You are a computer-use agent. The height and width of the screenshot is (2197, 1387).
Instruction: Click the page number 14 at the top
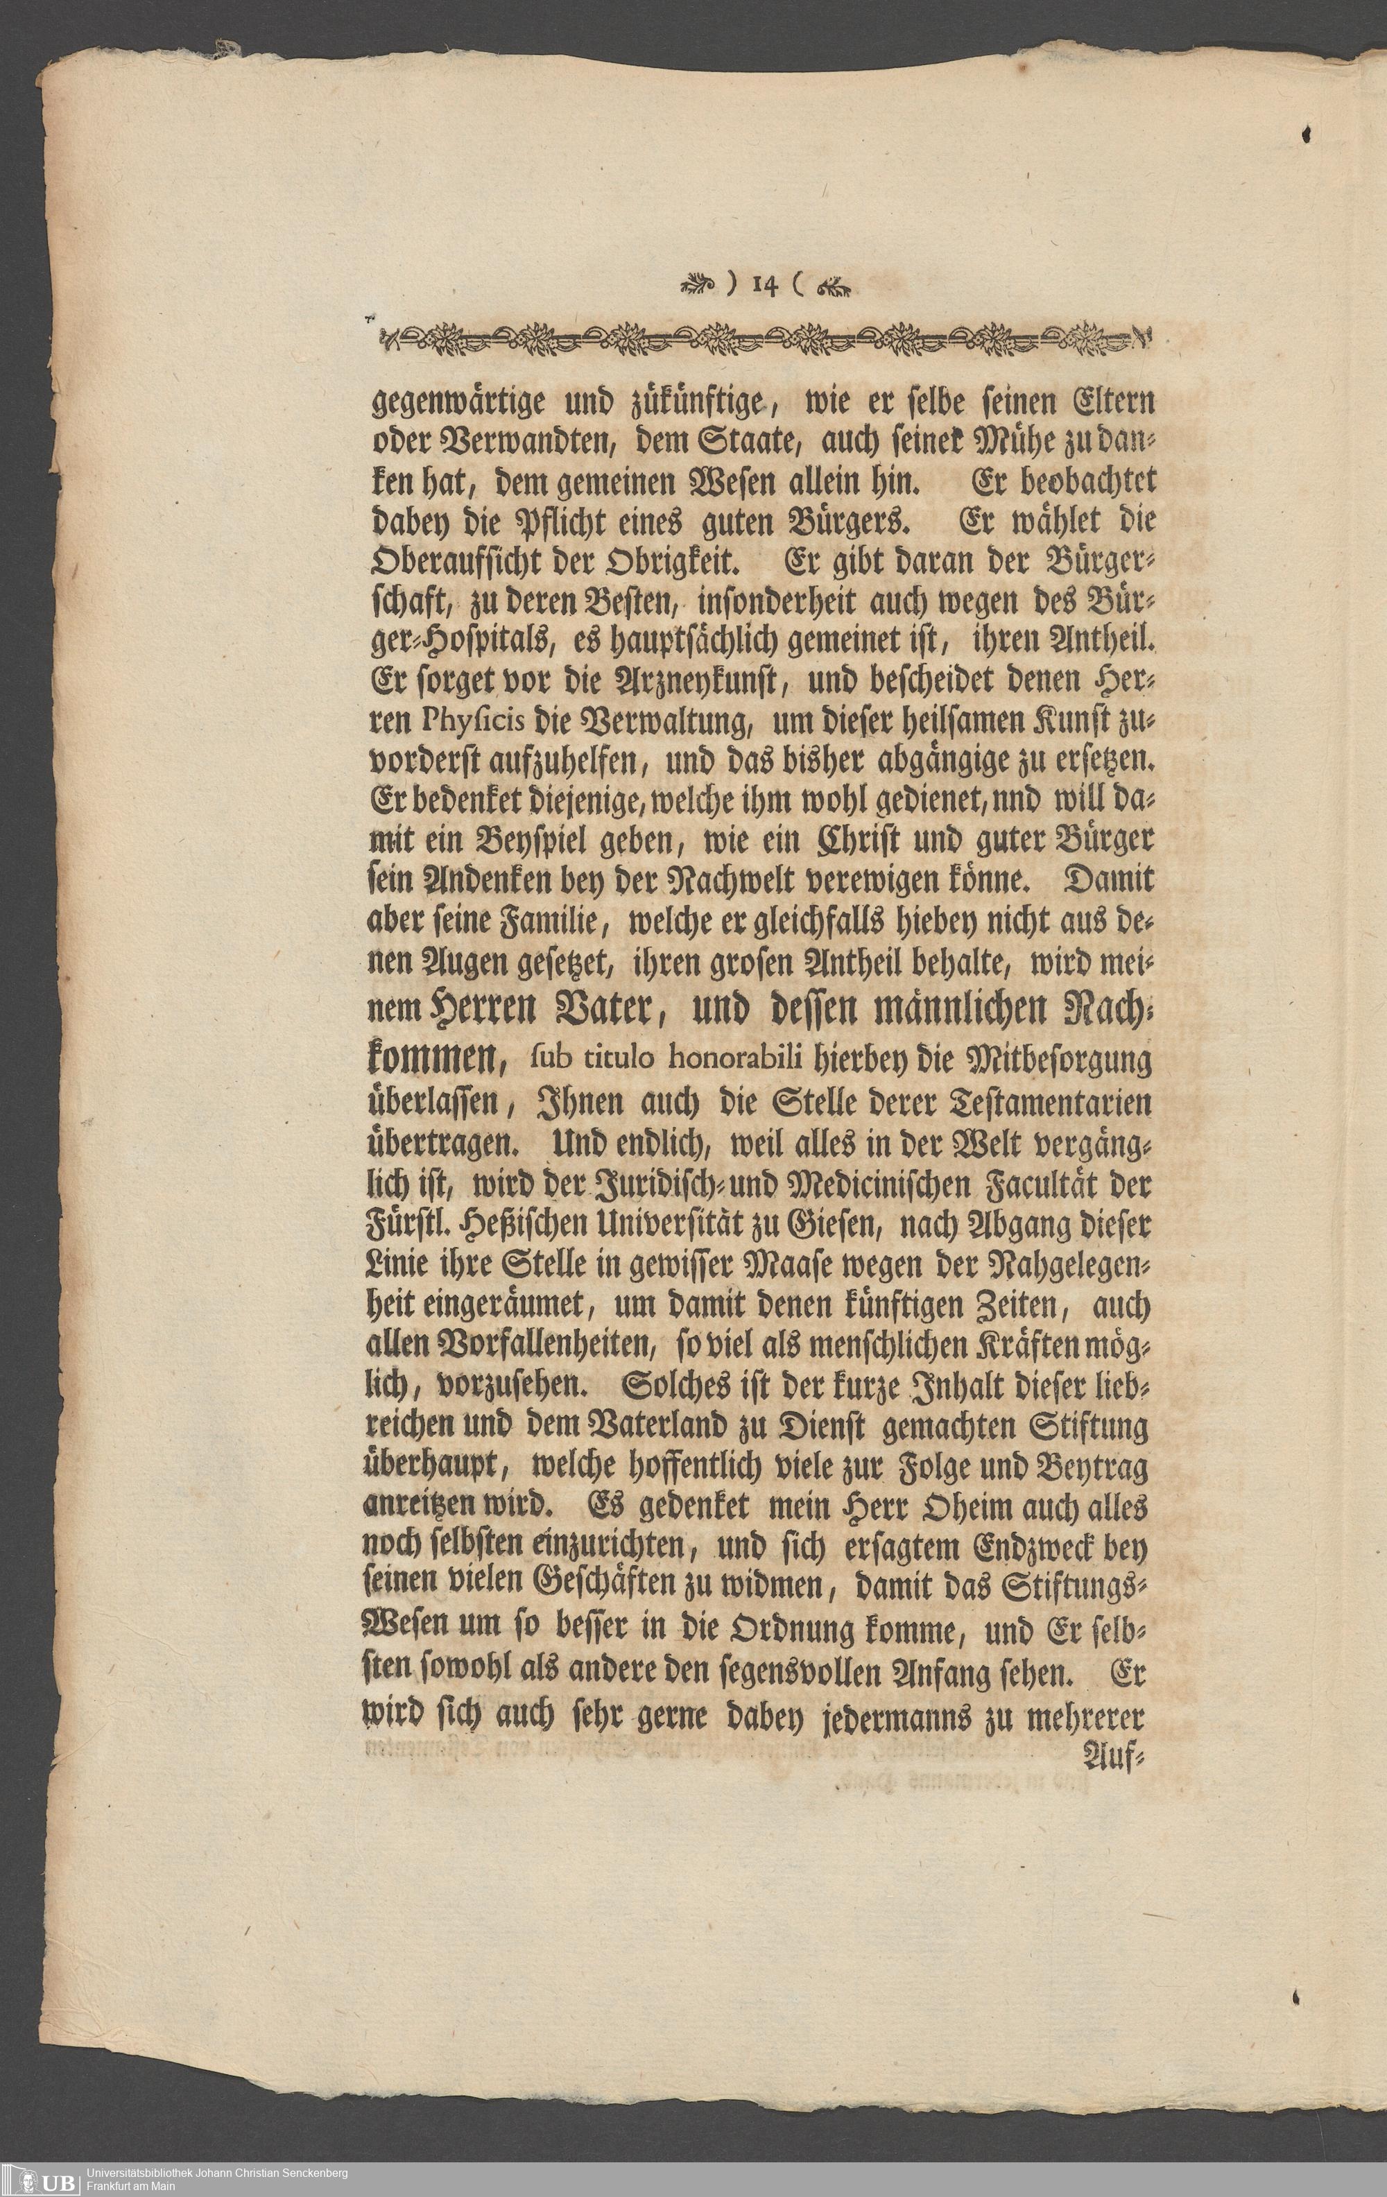pos(766,286)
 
